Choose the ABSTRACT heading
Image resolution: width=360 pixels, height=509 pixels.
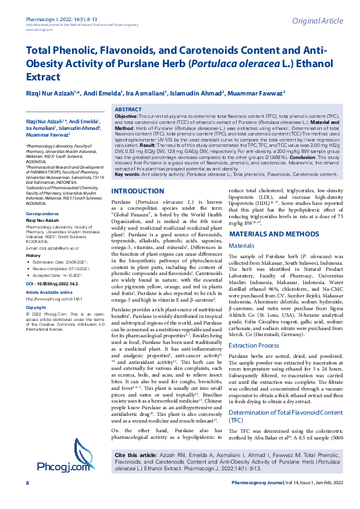[129, 108]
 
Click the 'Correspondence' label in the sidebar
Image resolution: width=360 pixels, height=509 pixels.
[42, 214]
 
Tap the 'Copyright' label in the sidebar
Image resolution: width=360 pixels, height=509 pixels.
[36, 308]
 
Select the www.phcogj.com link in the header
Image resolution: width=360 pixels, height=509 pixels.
[38, 12]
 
